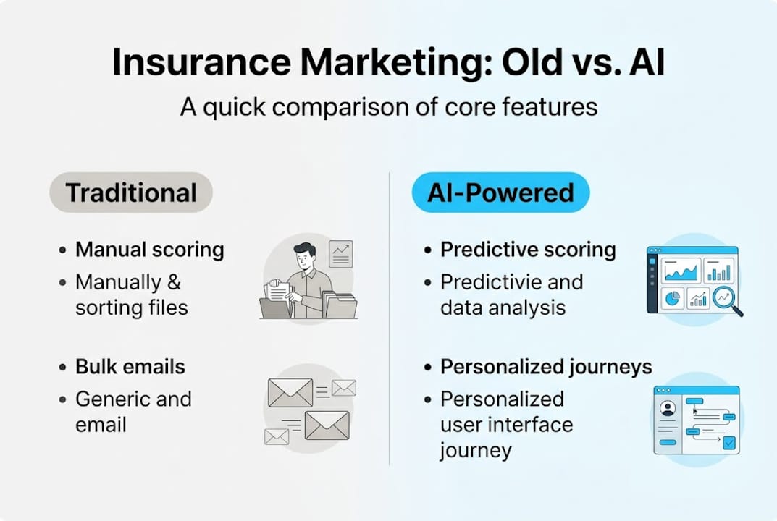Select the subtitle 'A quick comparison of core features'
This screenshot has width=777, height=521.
[388, 107]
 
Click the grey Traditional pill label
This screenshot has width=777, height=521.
[131, 192]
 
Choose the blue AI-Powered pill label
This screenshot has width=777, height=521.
[500, 192]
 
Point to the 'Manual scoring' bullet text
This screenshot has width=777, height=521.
[150, 250]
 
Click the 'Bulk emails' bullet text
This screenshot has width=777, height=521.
[130, 366]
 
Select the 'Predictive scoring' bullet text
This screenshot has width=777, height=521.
[528, 250]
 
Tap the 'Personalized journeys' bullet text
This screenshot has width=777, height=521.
[546, 366]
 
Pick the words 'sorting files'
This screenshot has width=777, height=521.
[131, 308]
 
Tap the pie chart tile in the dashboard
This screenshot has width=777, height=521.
[673, 297]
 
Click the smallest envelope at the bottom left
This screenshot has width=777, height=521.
[276, 436]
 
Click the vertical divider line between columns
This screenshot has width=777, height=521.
[389, 318]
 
